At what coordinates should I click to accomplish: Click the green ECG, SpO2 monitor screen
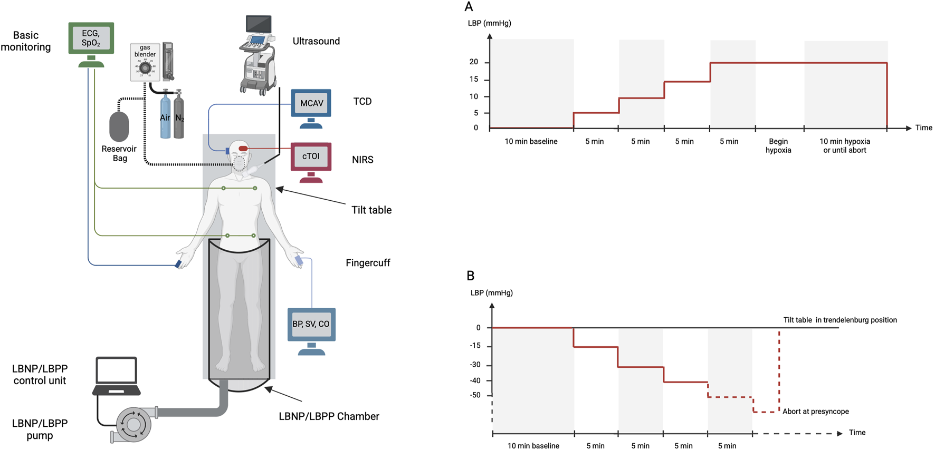pos(91,38)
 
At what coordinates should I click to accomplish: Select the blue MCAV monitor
pos(311,103)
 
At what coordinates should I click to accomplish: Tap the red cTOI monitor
pos(311,156)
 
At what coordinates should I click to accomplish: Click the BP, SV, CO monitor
pos(311,324)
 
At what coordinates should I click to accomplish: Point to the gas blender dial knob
pos(145,69)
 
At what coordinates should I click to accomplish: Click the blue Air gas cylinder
pos(165,116)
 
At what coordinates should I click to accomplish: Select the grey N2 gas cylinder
pos(179,116)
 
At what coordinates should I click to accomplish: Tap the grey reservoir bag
pos(119,126)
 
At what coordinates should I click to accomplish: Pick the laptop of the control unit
pos(117,376)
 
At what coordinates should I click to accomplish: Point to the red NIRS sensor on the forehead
pos(243,149)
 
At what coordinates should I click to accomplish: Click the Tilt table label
pos(371,210)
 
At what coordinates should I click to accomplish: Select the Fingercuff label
pos(368,262)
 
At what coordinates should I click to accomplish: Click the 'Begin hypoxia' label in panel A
pos(778,145)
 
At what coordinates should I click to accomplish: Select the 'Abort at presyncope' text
pos(815,412)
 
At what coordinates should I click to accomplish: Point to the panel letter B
pos(471,276)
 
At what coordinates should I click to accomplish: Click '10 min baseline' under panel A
pos(531,141)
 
